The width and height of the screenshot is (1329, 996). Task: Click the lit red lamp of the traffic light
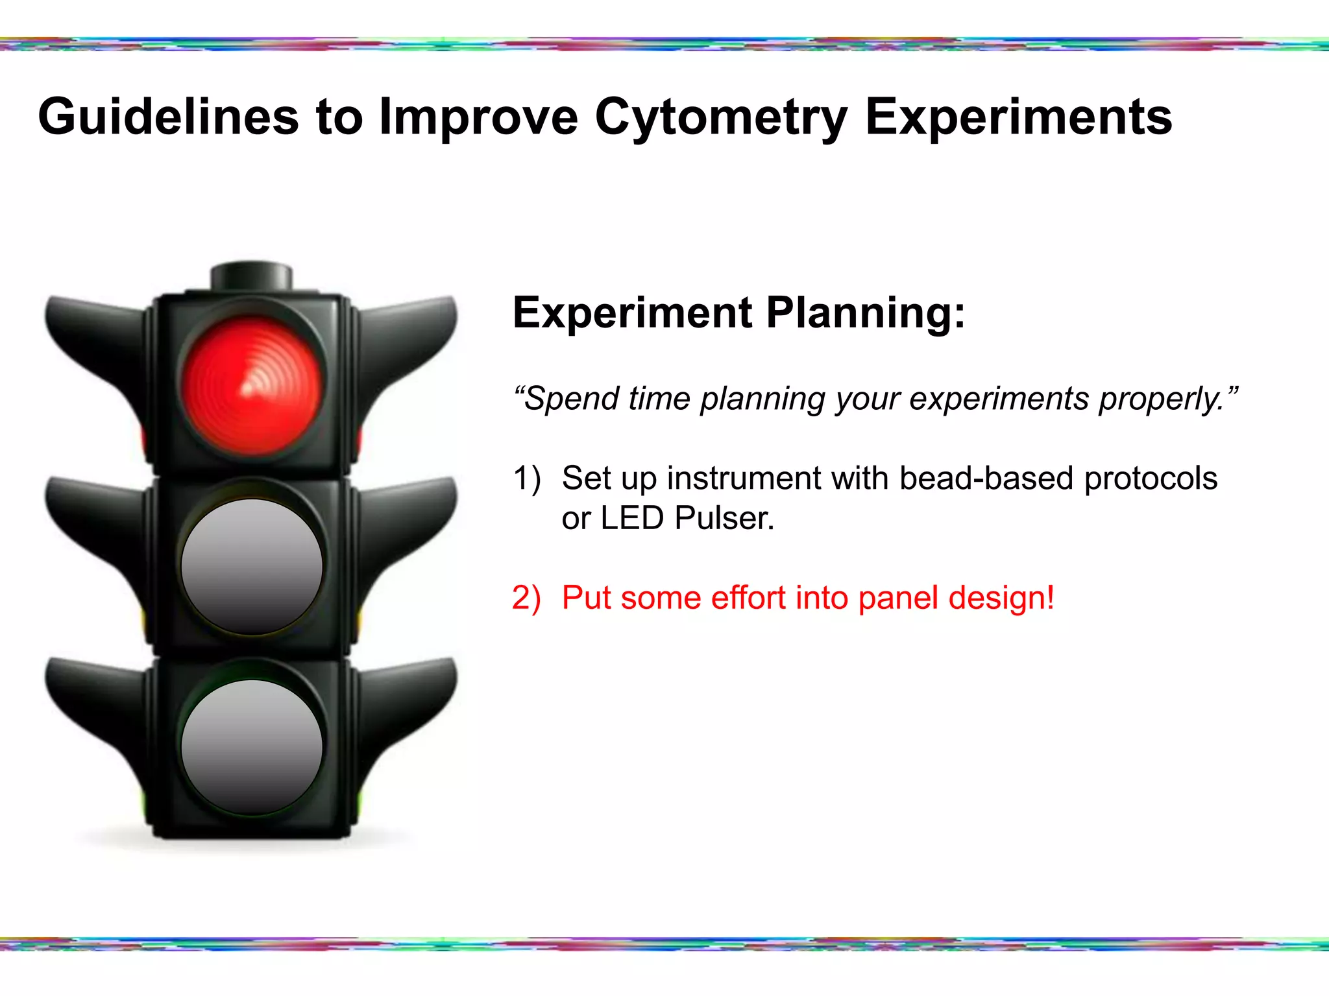pyautogui.click(x=252, y=385)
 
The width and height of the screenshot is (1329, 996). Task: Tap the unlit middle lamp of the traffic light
pyautogui.click(x=252, y=566)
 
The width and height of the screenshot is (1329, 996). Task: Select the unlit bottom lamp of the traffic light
pyautogui.click(x=252, y=747)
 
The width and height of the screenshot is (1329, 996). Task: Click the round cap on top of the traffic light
pyautogui.click(x=252, y=276)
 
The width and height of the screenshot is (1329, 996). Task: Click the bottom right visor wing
pyautogui.click(x=409, y=700)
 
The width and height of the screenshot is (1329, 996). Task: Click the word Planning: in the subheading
pyautogui.click(x=866, y=314)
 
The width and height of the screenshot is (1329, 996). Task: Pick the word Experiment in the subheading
pyautogui.click(x=633, y=313)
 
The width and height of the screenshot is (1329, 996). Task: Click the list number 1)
pyautogui.click(x=526, y=479)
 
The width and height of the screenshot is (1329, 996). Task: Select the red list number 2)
pyautogui.click(x=526, y=598)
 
